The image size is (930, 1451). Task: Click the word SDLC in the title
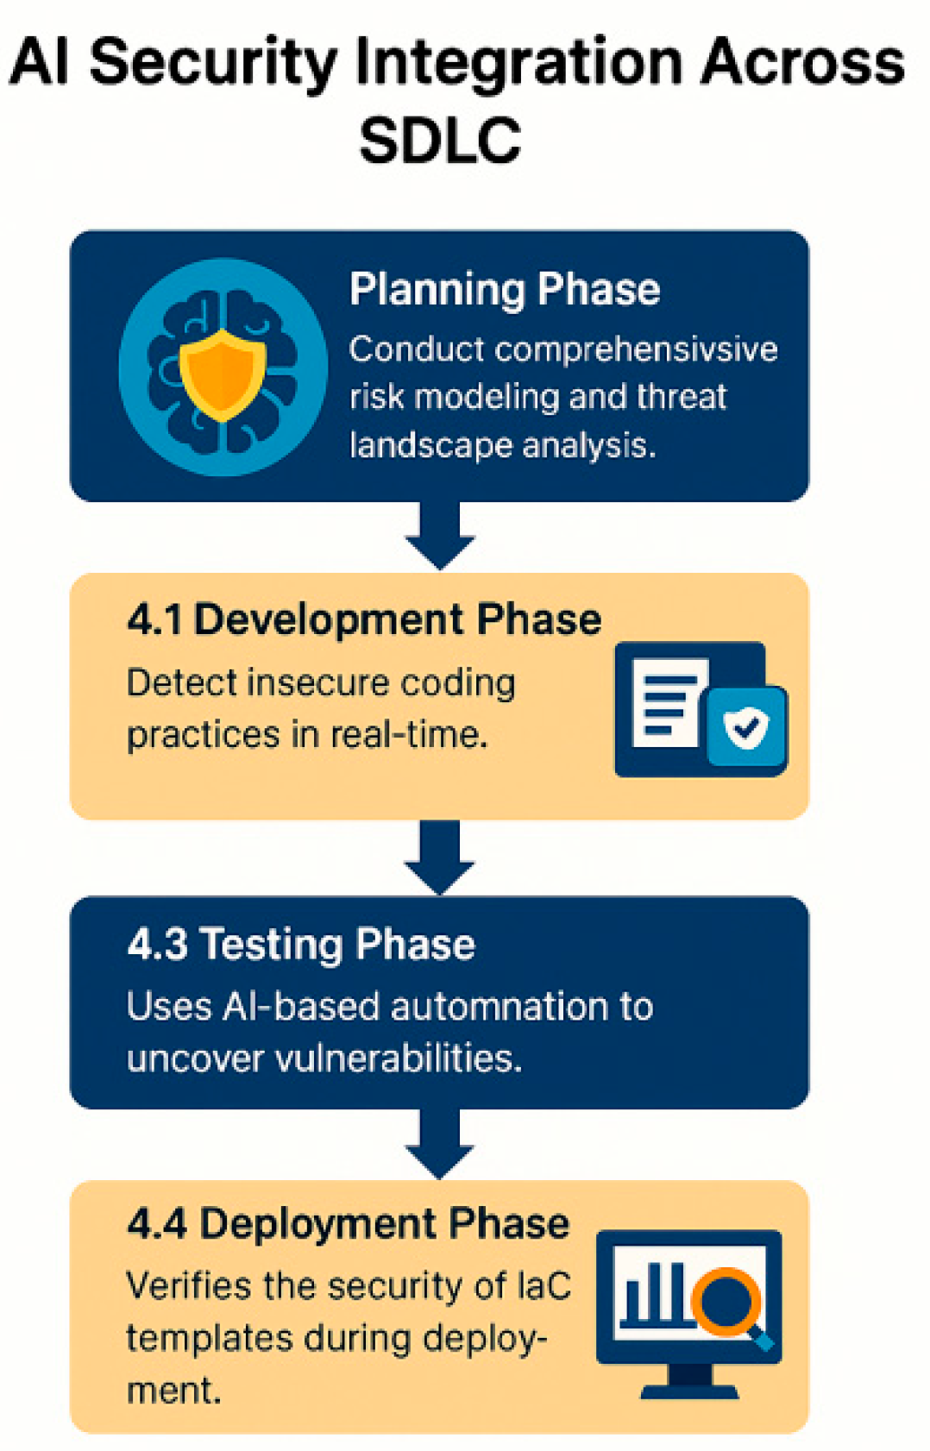click(440, 141)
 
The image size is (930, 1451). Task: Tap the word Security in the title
click(212, 62)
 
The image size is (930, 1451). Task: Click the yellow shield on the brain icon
click(223, 374)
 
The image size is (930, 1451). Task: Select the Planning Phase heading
click(505, 289)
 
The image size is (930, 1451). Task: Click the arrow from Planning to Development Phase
click(440, 535)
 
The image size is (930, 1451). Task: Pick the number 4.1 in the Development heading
click(154, 619)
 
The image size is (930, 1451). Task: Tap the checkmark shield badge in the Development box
click(746, 726)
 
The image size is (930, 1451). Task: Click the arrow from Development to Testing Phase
click(440, 858)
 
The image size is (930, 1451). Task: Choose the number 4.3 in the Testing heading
click(157, 944)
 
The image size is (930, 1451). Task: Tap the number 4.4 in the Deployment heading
click(157, 1223)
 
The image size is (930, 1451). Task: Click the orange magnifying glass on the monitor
click(729, 1298)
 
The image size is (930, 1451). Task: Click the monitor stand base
click(689, 1390)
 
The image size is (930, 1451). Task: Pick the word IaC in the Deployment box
click(544, 1286)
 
